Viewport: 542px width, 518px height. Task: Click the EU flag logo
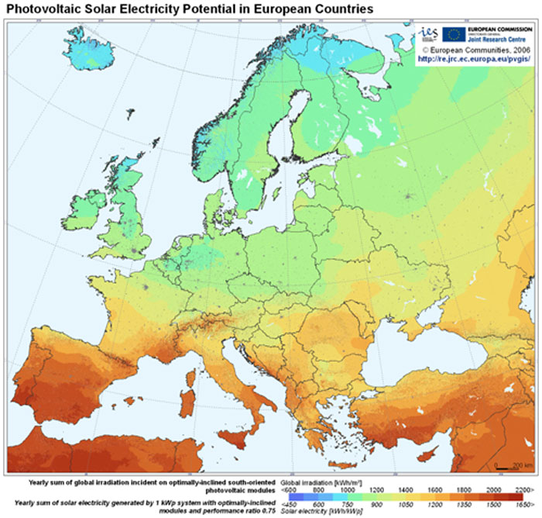click(x=454, y=33)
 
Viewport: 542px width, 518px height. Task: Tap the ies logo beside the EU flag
click(x=428, y=34)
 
